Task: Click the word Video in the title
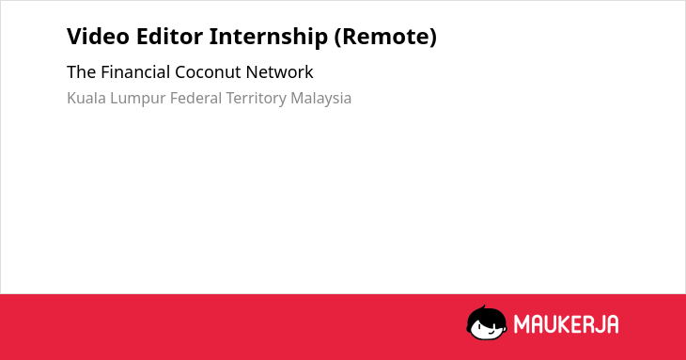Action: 98,37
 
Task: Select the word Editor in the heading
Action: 169,37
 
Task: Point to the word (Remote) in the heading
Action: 385,38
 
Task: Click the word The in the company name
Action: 82,72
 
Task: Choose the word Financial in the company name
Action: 135,72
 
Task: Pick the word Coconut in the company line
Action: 208,72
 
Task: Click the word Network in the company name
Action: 279,72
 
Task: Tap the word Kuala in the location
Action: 86,98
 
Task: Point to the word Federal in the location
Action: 195,98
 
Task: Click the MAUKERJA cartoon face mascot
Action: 486,323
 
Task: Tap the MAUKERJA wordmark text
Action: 566,324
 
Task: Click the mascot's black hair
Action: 486,315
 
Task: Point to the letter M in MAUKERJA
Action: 522,324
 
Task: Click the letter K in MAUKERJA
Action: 563,324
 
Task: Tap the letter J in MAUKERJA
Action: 599,324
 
